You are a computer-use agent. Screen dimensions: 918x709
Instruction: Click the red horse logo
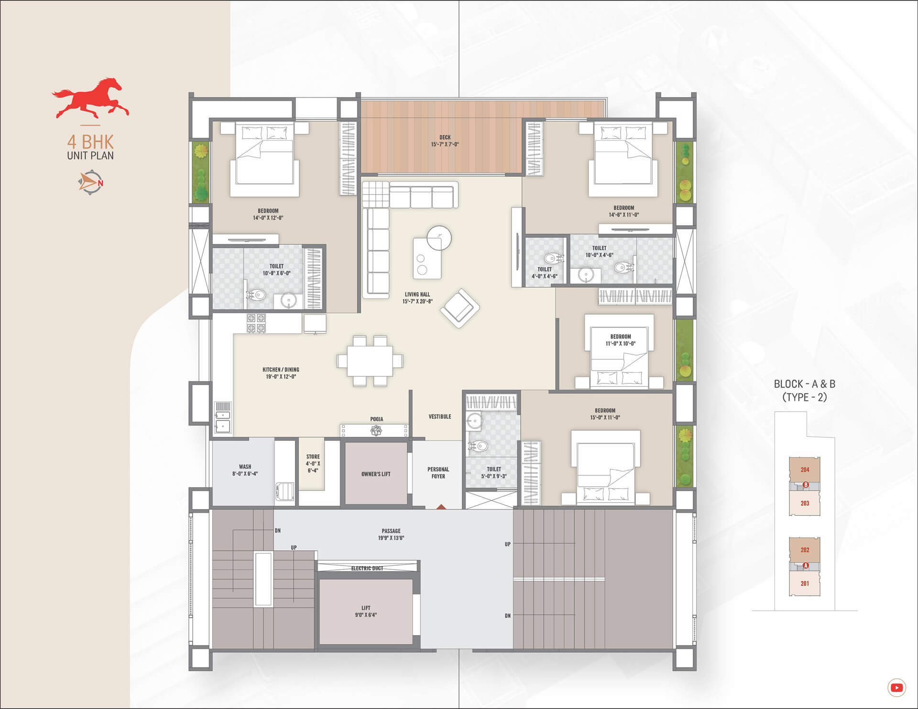coord(90,98)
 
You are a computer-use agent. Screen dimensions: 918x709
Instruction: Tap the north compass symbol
coord(91,183)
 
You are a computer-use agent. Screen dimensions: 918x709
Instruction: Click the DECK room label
coord(445,138)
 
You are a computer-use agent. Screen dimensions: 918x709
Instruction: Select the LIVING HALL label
coord(417,295)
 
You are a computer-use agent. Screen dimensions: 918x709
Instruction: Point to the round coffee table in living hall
coord(439,238)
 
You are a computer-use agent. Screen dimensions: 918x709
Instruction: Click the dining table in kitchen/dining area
coord(370,360)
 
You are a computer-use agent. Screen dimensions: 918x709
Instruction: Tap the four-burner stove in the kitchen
coord(256,323)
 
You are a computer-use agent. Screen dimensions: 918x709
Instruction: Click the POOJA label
coord(377,419)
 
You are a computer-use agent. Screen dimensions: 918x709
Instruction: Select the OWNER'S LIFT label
coord(376,474)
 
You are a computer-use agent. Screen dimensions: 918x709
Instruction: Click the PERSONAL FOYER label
coord(438,473)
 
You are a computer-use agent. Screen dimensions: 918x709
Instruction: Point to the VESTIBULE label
coord(440,417)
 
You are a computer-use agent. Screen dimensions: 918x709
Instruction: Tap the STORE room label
coord(313,457)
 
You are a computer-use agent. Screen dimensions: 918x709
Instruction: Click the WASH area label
coord(245,467)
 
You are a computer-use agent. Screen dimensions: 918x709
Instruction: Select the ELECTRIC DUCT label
coord(367,568)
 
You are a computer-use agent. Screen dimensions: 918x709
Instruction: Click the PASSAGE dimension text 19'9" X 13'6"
coord(391,538)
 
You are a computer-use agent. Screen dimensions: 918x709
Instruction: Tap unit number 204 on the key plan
coord(805,470)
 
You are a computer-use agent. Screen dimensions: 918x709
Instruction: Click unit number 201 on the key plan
coord(805,584)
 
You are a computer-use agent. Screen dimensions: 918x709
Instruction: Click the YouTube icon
coord(896,687)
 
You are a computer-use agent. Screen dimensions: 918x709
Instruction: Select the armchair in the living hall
coord(459,308)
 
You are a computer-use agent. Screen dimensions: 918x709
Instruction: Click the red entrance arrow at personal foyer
coord(441,506)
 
